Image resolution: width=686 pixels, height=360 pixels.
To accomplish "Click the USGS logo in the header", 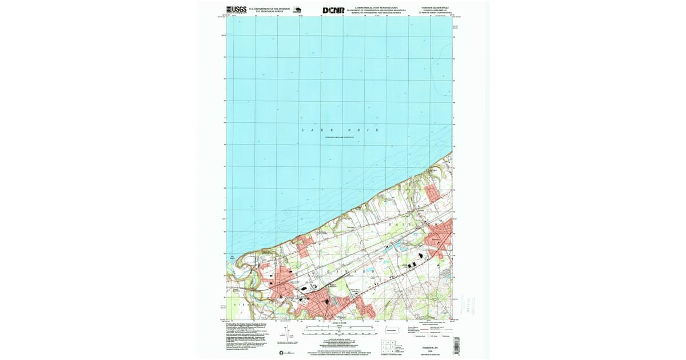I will point(236,9).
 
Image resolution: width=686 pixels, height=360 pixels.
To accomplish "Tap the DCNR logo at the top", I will point(333,10).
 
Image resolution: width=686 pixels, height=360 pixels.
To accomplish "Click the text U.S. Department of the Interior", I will point(269,8).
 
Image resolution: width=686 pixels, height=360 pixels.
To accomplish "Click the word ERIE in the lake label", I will point(366,131).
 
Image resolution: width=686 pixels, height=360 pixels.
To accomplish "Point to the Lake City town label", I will point(294,282).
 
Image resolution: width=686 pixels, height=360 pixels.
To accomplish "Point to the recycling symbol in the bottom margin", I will point(281,352).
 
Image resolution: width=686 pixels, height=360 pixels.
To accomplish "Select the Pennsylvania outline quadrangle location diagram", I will point(392,330).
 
